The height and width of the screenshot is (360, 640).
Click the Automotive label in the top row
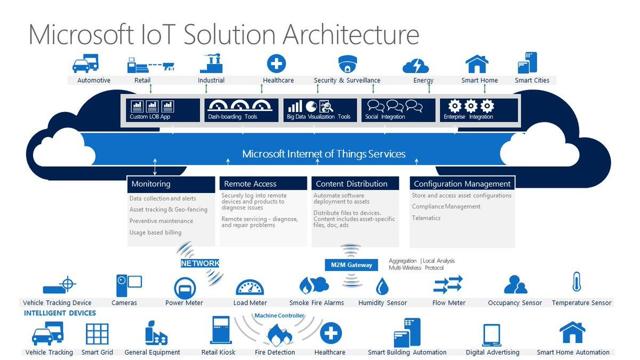coord(94,80)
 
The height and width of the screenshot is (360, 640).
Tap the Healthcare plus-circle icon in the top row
coord(277,62)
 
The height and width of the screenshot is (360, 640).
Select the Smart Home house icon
coord(477,63)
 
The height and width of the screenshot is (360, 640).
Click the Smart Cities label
coord(531,80)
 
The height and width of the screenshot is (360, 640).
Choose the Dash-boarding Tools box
coord(238,109)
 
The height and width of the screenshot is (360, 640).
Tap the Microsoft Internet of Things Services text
coord(323,154)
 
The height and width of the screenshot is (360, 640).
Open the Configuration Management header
coord(462,184)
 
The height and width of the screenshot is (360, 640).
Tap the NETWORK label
coord(200,263)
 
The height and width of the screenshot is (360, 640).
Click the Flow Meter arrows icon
coord(448,284)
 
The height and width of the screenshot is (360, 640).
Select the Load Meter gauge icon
coord(249,287)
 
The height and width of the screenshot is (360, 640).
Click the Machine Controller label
coord(279,316)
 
